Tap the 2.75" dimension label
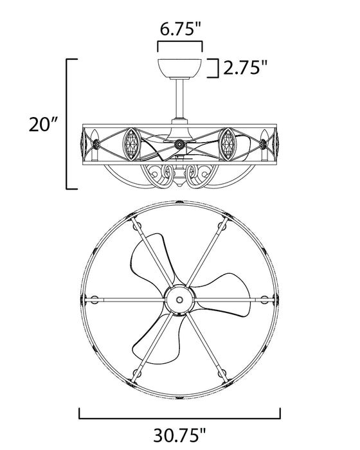[x=245, y=67]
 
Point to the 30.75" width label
[x=180, y=435]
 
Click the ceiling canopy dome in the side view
[x=180, y=67]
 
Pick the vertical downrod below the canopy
[x=180, y=98]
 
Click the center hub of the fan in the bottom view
[x=179, y=300]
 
